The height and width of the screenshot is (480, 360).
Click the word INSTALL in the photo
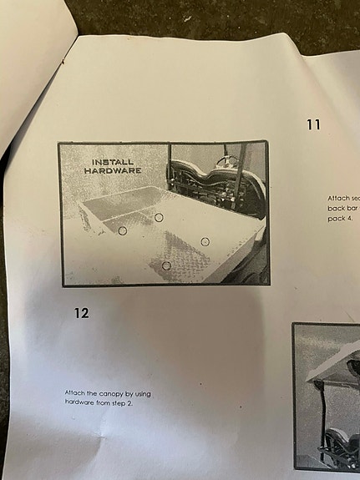click(x=113, y=162)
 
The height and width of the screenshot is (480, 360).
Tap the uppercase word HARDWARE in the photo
click(x=113, y=171)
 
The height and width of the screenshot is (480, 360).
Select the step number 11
click(x=313, y=125)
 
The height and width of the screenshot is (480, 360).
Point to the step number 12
click(x=80, y=313)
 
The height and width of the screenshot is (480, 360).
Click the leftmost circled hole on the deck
click(x=122, y=229)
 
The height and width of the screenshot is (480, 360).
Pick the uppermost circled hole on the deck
click(x=159, y=217)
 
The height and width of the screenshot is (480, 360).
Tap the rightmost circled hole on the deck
click(x=205, y=241)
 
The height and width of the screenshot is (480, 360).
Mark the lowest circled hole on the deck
click(x=166, y=265)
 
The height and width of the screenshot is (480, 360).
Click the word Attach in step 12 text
click(x=75, y=392)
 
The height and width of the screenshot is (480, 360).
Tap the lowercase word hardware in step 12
click(x=81, y=402)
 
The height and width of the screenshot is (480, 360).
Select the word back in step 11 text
click(x=335, y=208)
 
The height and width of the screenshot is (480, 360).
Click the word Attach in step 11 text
click(x=337, y=198)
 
